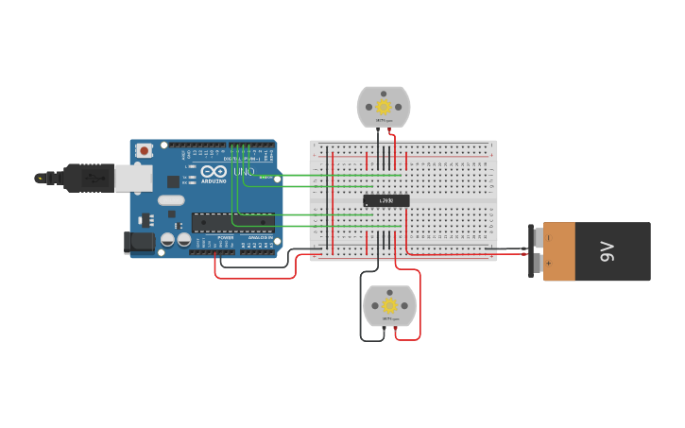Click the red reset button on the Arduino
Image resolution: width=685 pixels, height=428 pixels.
click(x=144, y=150)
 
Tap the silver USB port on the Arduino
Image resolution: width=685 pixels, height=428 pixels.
click(x=133, y=177)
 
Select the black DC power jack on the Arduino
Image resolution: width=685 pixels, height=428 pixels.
click(x=140, y=243)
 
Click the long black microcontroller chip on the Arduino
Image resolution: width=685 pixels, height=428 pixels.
click(x=232, y=222)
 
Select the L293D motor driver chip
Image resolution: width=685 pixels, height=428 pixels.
click(x=386, y=200)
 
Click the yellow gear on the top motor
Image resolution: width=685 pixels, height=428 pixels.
click(x=384, y=103)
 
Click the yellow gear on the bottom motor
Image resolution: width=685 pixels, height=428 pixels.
click(x=389, y=304)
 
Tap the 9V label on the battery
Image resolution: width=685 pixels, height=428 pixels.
click(x=609, y=251)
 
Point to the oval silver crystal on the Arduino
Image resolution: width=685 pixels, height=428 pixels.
click(x=171, y=199)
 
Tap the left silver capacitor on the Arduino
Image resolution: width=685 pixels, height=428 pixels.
click(x=167, y=240)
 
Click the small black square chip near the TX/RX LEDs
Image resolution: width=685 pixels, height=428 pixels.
click(x=173, y=180)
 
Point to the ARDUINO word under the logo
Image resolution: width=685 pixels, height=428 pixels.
click(x=213, y=181)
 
